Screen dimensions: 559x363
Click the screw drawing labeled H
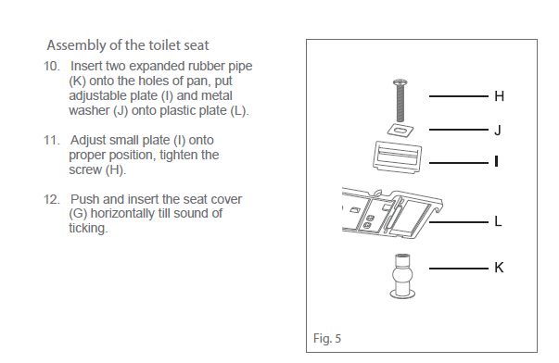400,100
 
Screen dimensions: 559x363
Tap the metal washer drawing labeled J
400,131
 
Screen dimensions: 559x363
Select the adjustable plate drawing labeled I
397,157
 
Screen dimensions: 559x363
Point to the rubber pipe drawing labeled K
402,276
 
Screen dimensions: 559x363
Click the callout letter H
499,96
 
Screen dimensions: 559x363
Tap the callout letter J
498,130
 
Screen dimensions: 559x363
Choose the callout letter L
498,221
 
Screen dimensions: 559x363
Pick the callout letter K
499,268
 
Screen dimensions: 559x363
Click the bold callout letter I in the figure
496,162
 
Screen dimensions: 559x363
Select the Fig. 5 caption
327,338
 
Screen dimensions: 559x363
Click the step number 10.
52,67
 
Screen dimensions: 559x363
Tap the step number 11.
52,141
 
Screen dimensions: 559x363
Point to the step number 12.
52,199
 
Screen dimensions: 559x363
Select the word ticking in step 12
88,229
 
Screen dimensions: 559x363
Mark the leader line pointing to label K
459,269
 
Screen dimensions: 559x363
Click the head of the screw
400,83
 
